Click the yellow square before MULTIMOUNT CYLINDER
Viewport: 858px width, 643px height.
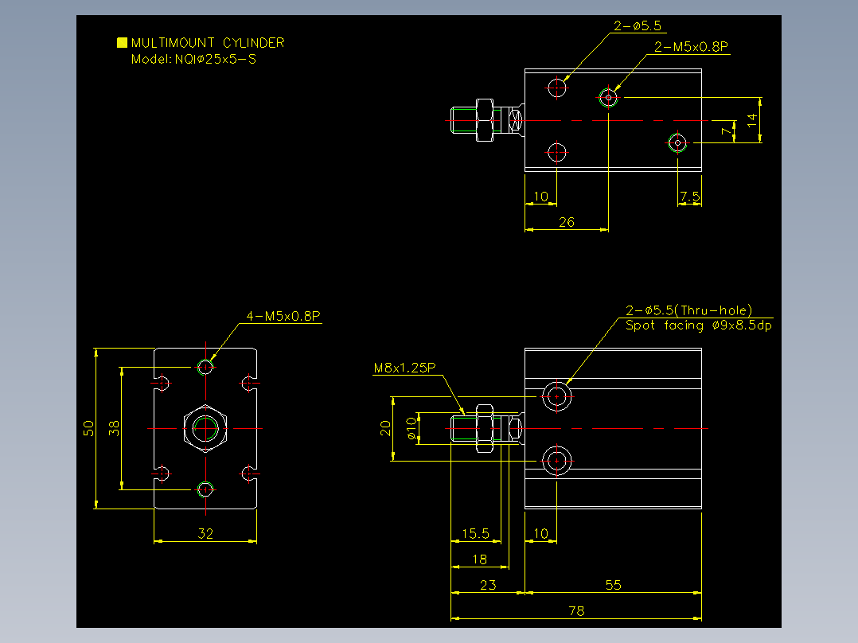pos(122,43)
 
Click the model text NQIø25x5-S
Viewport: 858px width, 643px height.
pos(216,59)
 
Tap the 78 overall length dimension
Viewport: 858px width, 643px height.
pos(576,610)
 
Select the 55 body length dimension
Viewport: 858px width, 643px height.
pos(614,585)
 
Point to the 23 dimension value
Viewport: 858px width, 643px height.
pos(488,585)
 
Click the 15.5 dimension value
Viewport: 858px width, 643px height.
pos(475,533)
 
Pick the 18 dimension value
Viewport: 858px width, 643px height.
pos(479,559)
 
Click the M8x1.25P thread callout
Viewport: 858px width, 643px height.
pos(404,368)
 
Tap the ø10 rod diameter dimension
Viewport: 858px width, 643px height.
pos(411,428)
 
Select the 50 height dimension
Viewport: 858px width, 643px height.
pos(88,428)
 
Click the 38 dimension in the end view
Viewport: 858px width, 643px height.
pos(114,428)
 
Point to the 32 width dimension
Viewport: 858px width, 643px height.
pos(205,533)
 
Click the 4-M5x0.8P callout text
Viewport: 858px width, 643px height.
pos(283,316)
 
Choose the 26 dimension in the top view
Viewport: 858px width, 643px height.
pos(567,222)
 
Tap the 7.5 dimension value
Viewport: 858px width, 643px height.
pos(689,197)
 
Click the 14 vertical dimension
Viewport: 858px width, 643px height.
pos(752,120)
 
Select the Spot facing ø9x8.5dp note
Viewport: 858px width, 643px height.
pos(699,325)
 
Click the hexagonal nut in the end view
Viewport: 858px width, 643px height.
pos(205,428)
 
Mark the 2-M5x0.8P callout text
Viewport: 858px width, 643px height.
pos(691,47)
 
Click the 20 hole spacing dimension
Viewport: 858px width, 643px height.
pos(385,428)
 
